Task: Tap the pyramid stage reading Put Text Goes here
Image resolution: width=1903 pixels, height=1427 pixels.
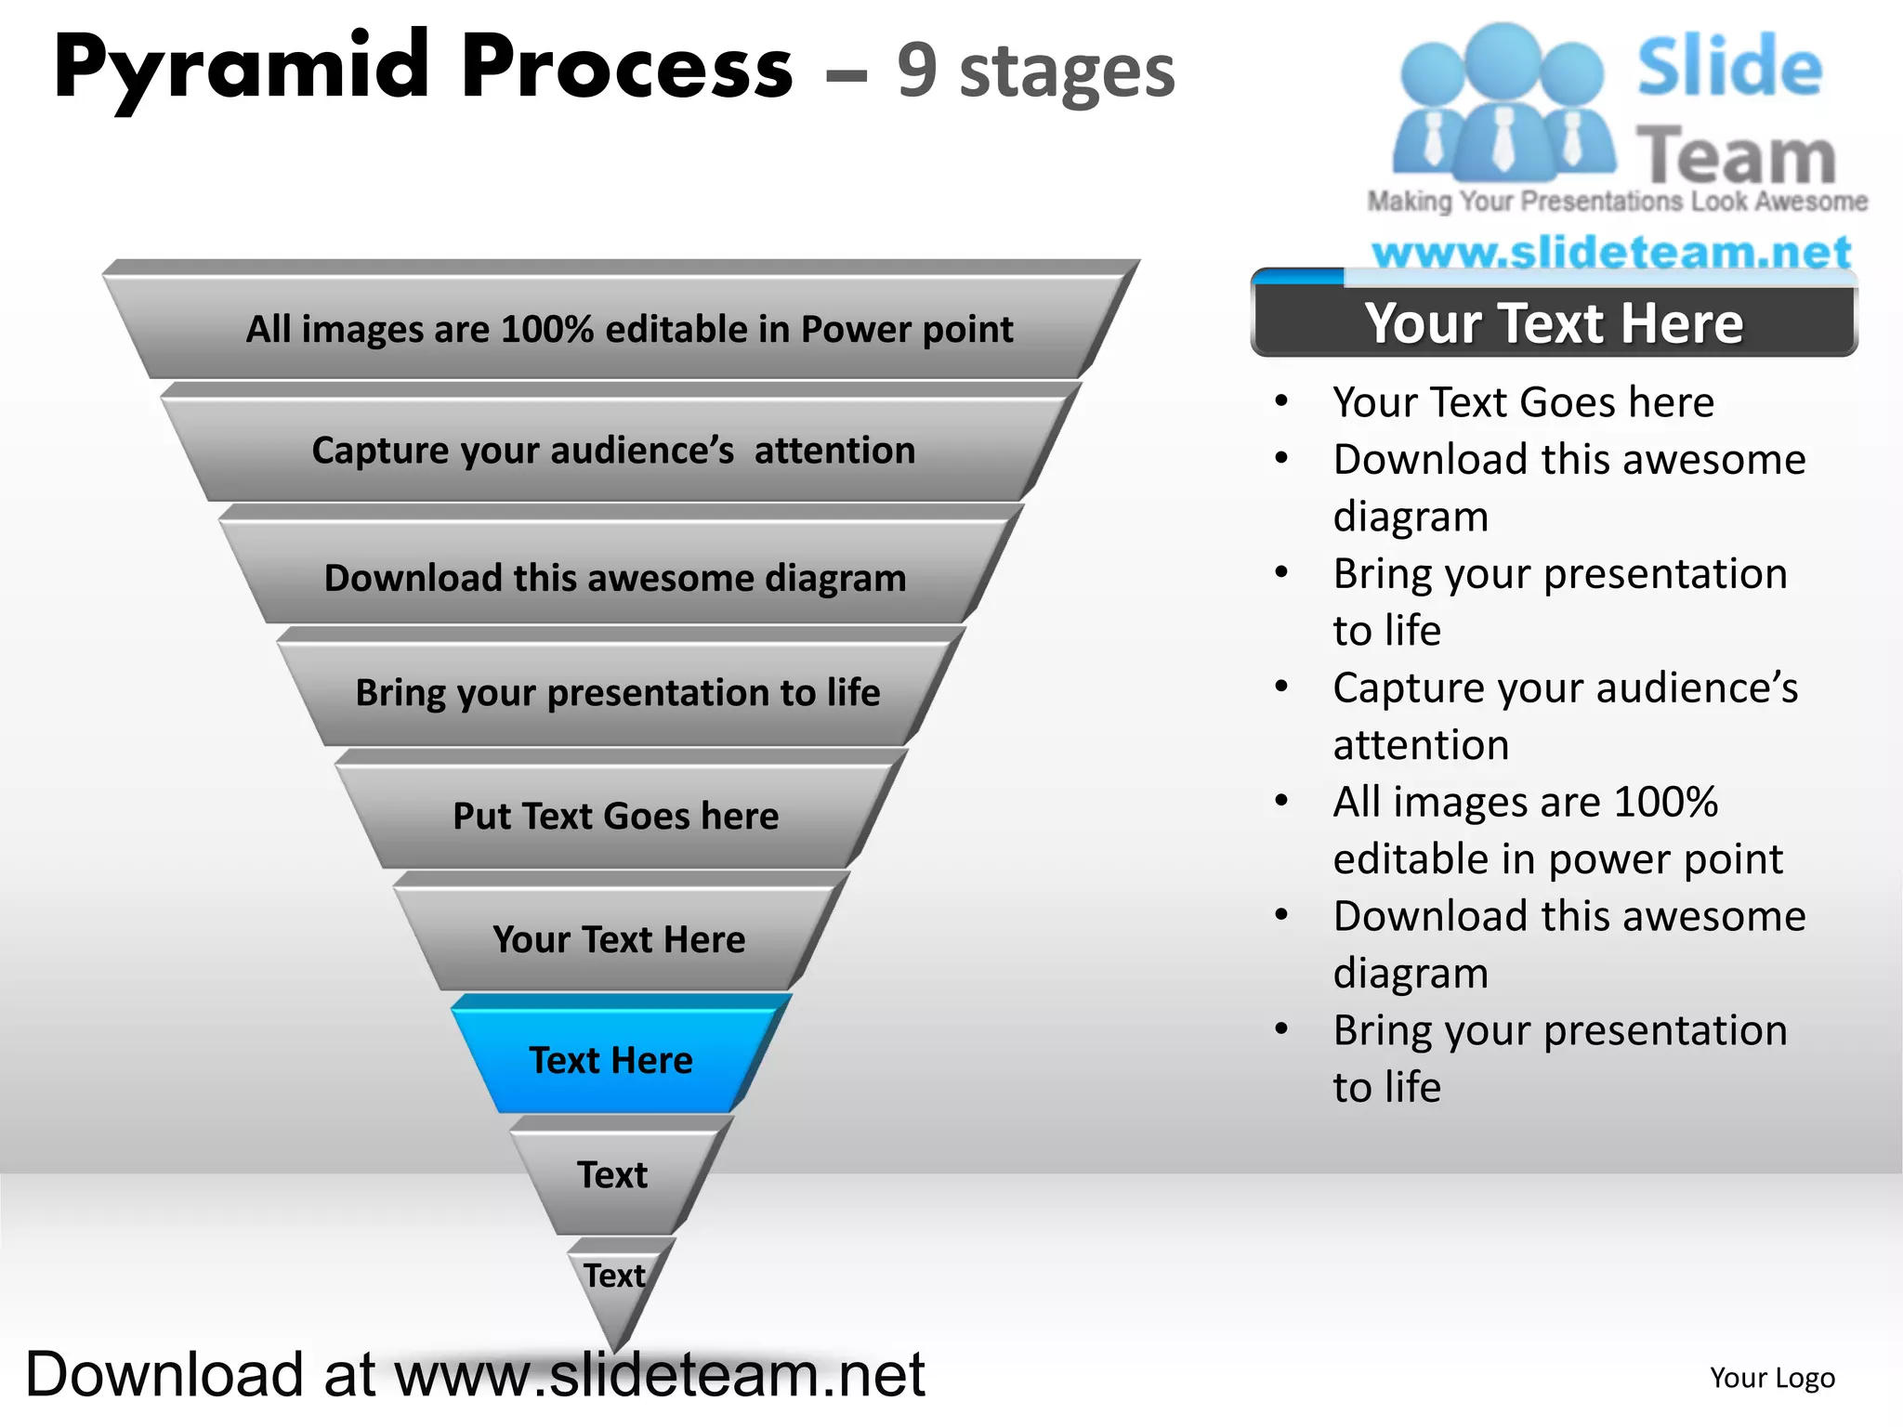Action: [616, 816]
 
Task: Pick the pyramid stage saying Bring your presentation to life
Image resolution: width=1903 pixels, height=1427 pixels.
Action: [618, 693]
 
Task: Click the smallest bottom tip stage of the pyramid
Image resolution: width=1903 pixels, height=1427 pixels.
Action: [615, 1287]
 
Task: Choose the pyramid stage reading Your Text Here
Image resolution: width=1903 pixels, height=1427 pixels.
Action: [619, 939]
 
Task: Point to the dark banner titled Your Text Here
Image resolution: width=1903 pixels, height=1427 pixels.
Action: [1554, 323]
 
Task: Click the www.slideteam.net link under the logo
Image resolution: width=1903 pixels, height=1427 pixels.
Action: [1611, 252]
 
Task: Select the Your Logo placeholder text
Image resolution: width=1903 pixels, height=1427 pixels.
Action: [1772, 1378]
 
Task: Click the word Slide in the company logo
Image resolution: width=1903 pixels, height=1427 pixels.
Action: [1729, 67]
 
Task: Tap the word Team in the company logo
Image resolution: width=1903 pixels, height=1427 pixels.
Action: [1736, 155]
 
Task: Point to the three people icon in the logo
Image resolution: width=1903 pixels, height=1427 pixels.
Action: [1502, 102]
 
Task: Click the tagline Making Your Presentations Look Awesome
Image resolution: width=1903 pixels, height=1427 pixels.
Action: [1617, 202]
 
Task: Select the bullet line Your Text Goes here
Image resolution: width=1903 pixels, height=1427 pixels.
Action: [1523, 402]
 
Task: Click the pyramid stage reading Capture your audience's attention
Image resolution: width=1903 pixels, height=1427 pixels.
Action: [613, 451]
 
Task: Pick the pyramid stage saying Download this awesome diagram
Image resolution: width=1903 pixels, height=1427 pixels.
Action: [615, 578]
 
